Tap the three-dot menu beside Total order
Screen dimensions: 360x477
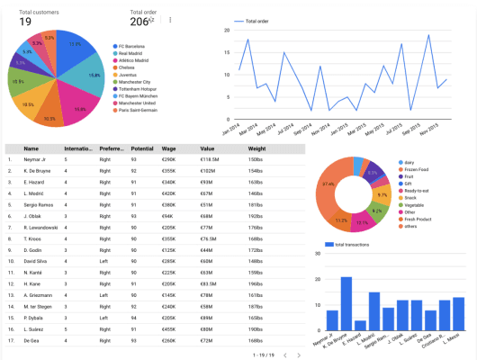[169, 20]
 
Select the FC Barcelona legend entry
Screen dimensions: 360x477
[134, 45]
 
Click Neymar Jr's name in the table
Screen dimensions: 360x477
[37, 159]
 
